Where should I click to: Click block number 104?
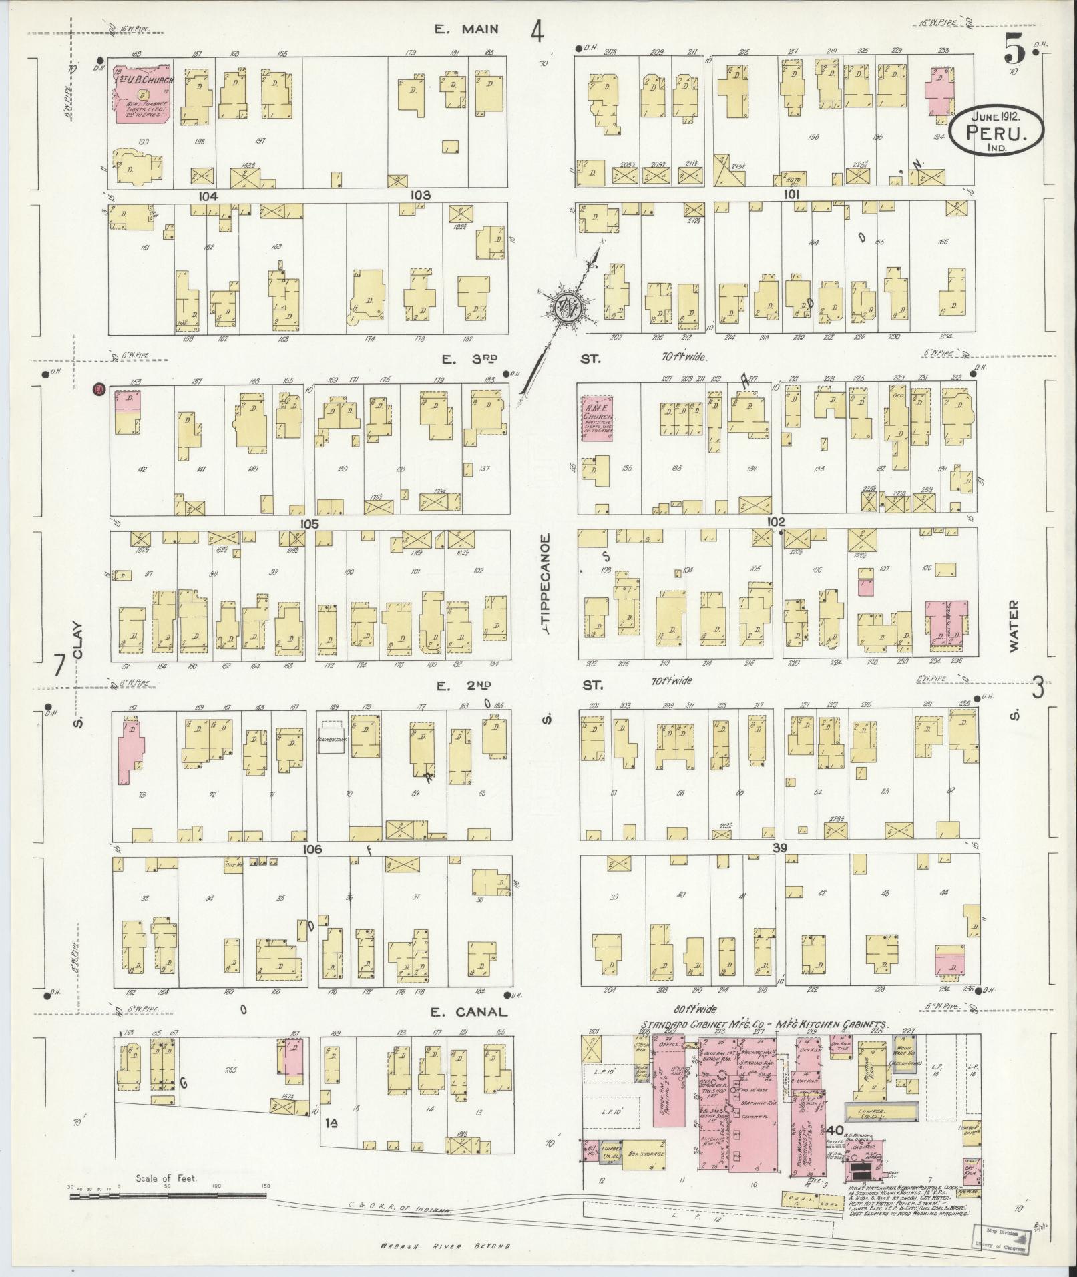[x=208, y=196]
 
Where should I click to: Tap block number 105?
[x=309, y=523]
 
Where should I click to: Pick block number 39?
[x=779, y=848]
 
